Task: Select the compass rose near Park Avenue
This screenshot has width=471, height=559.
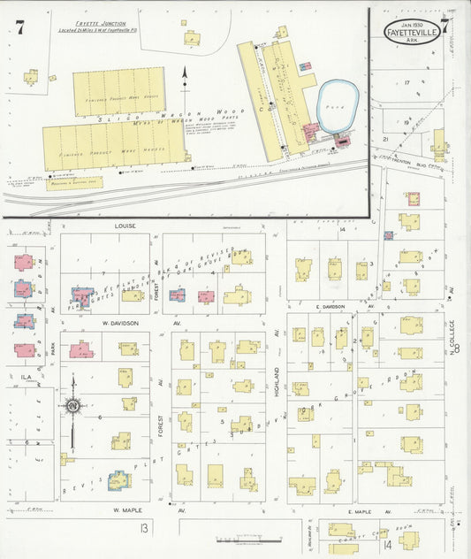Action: coord(72,406)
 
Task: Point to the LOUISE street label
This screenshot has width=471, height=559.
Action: coord(124,226)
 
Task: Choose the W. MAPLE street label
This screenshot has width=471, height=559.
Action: coord(128,510)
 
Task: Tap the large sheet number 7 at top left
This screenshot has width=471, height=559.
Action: coord(19,27)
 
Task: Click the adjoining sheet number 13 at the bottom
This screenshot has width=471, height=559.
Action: coord(143,528)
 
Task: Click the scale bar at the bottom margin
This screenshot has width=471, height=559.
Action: coord(250,539)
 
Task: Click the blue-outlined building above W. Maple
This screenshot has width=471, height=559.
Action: coord(118,480)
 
